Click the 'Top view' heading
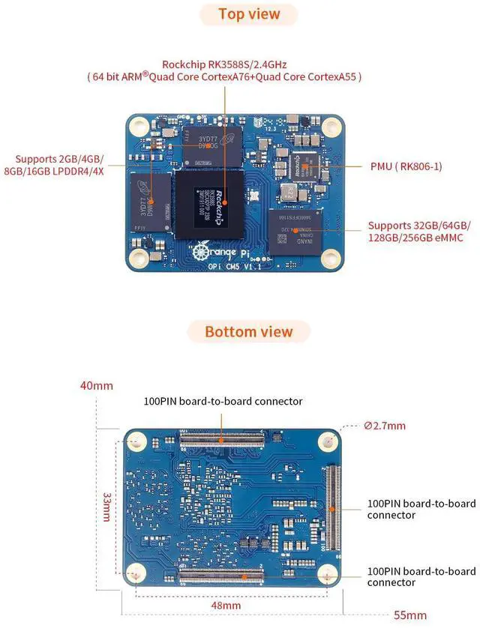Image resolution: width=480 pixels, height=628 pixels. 249,14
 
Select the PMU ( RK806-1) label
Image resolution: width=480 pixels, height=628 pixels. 406,166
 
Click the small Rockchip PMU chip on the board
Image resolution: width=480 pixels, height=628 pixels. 306,166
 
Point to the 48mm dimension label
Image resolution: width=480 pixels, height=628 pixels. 226,605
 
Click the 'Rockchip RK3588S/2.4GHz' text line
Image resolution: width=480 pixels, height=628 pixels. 224,64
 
